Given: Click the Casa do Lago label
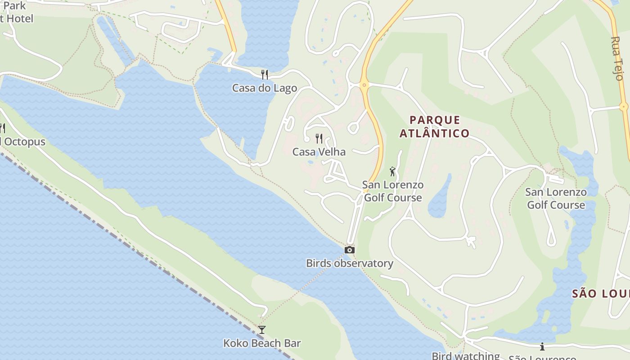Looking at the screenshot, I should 265,88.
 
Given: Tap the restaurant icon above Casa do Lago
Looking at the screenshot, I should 265,74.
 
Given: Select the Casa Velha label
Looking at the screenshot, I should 319,152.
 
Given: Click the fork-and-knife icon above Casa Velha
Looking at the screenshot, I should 319,138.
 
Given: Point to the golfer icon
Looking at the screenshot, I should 392,171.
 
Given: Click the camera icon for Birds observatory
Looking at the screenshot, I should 350,250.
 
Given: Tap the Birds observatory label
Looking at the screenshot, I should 350,263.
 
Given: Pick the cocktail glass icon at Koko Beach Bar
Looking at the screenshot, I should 262,330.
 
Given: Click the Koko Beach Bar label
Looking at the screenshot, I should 262,343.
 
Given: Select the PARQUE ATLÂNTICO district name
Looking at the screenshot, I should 435,126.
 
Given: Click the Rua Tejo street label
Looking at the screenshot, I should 616,58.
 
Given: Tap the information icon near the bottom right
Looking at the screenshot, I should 542,346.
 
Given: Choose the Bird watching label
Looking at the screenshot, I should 466,356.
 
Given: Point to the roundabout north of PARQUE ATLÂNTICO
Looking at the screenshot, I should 364,84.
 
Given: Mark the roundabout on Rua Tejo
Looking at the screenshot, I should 624,107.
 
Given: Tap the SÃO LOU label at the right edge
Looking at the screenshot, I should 601,294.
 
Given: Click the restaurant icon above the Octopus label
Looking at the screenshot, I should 2,128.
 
